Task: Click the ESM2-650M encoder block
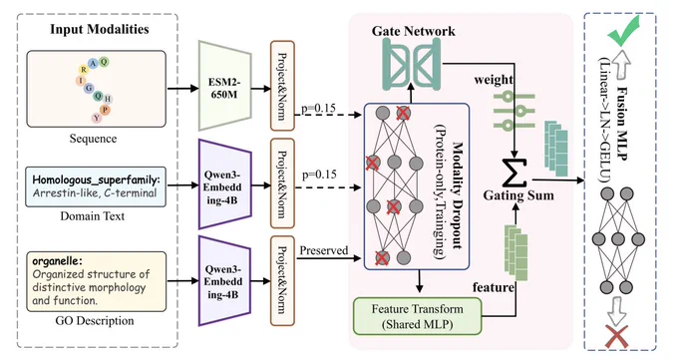(x=225, y=86)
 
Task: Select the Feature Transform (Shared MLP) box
(x=417, y=316)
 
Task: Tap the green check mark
(x=623, y=31)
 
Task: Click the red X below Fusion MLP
(x=617, y=337)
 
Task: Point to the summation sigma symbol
(x=514, y=174)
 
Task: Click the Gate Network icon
(x=413, y=64)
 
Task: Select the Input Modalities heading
(x=100, y=29)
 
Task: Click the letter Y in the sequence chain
(x=97, y=118)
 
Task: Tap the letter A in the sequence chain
(x=93, y=64)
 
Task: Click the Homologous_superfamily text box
(x=96, y=186)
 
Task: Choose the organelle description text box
(x=96, y=281)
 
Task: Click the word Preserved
(x=324, y=250)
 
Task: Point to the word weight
(x=494, y=80)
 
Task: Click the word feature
(x=494, y=287)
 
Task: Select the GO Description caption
(x=95, y=321)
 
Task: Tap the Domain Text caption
(x=92, y=216)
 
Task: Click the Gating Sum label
(x=518, y=195)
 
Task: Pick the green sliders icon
(x=514, y=111)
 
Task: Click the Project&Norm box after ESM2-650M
(x=282, y=86)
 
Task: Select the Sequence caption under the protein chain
(x=93, y=139)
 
